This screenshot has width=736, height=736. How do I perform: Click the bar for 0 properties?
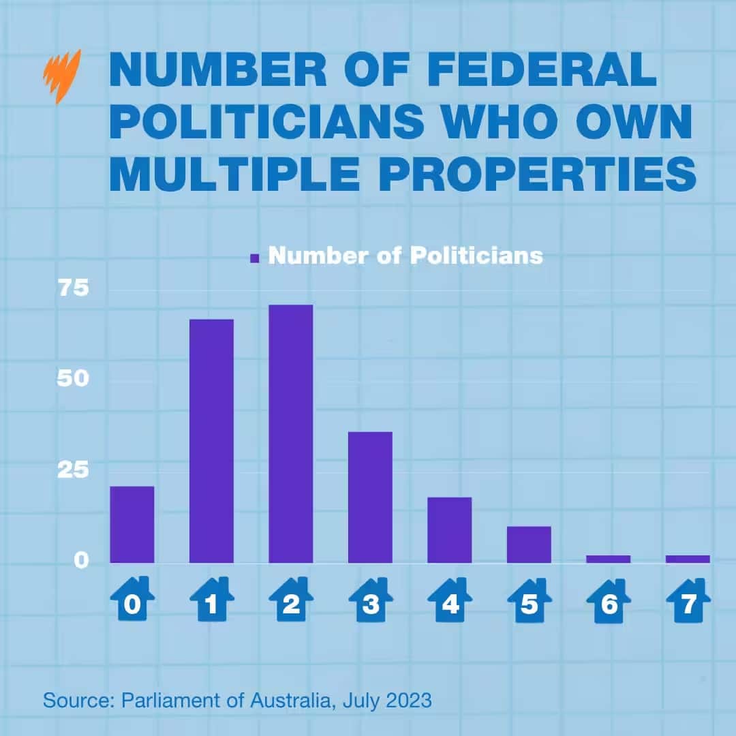[132, 525]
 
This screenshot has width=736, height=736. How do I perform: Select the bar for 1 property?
[211, 441]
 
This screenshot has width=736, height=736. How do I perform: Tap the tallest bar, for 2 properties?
[291, 434]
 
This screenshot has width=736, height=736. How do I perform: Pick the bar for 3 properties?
[370, 497]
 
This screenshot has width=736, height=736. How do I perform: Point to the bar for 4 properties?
[450, 530]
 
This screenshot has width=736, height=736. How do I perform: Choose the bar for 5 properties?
[529, 545]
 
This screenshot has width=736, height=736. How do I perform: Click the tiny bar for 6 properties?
[609, 559]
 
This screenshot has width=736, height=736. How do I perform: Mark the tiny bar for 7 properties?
[688, 559]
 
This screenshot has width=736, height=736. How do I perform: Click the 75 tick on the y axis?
[73, 288]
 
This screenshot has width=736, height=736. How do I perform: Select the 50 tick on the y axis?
[73, 379]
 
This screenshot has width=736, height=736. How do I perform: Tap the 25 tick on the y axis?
[73, 470]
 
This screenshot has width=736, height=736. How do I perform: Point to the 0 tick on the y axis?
[82, 560]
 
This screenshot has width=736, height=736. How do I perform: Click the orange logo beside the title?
[62, 75]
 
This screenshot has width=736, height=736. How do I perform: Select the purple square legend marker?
[256, 258]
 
